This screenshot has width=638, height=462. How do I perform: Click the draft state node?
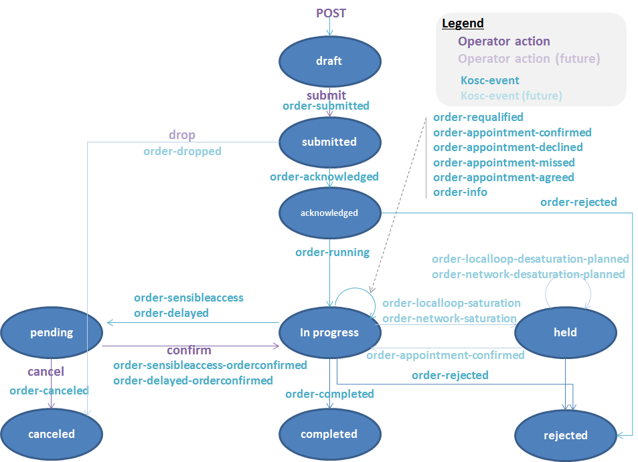click(x=329, y=61)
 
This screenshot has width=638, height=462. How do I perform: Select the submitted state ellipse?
click(x=329, y=142)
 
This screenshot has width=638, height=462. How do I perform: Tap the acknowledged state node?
click(x=329, y=213)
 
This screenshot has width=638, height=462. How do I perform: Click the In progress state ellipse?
click(x=329, y=332)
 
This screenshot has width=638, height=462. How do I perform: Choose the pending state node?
click(x=52, y=332)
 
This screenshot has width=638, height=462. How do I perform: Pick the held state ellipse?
click(x=566, y=332)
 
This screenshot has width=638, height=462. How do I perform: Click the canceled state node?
click(x=52, y=434)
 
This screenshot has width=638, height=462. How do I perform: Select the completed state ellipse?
click(x=329, y=434)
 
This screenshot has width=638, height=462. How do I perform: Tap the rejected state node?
click(x=566, y=435)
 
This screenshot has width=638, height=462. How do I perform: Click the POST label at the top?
click(x=331, y=13)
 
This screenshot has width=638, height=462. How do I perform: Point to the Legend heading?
click(x=463, y=23)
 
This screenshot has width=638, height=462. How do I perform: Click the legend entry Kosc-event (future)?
click(x=511, y=96)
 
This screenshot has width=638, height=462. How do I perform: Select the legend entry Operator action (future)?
click(x=529, y=59)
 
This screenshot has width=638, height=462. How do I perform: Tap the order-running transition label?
click(x=332, y=252)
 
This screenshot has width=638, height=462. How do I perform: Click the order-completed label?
click(x=329, y=394)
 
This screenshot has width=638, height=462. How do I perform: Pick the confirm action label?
click(x=189, y=350)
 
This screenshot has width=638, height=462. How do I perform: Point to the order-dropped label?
click(x=182, y=151)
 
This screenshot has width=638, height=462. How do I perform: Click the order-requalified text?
click(x=478, y=117)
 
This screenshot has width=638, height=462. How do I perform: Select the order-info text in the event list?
click(x=460, y=192)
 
